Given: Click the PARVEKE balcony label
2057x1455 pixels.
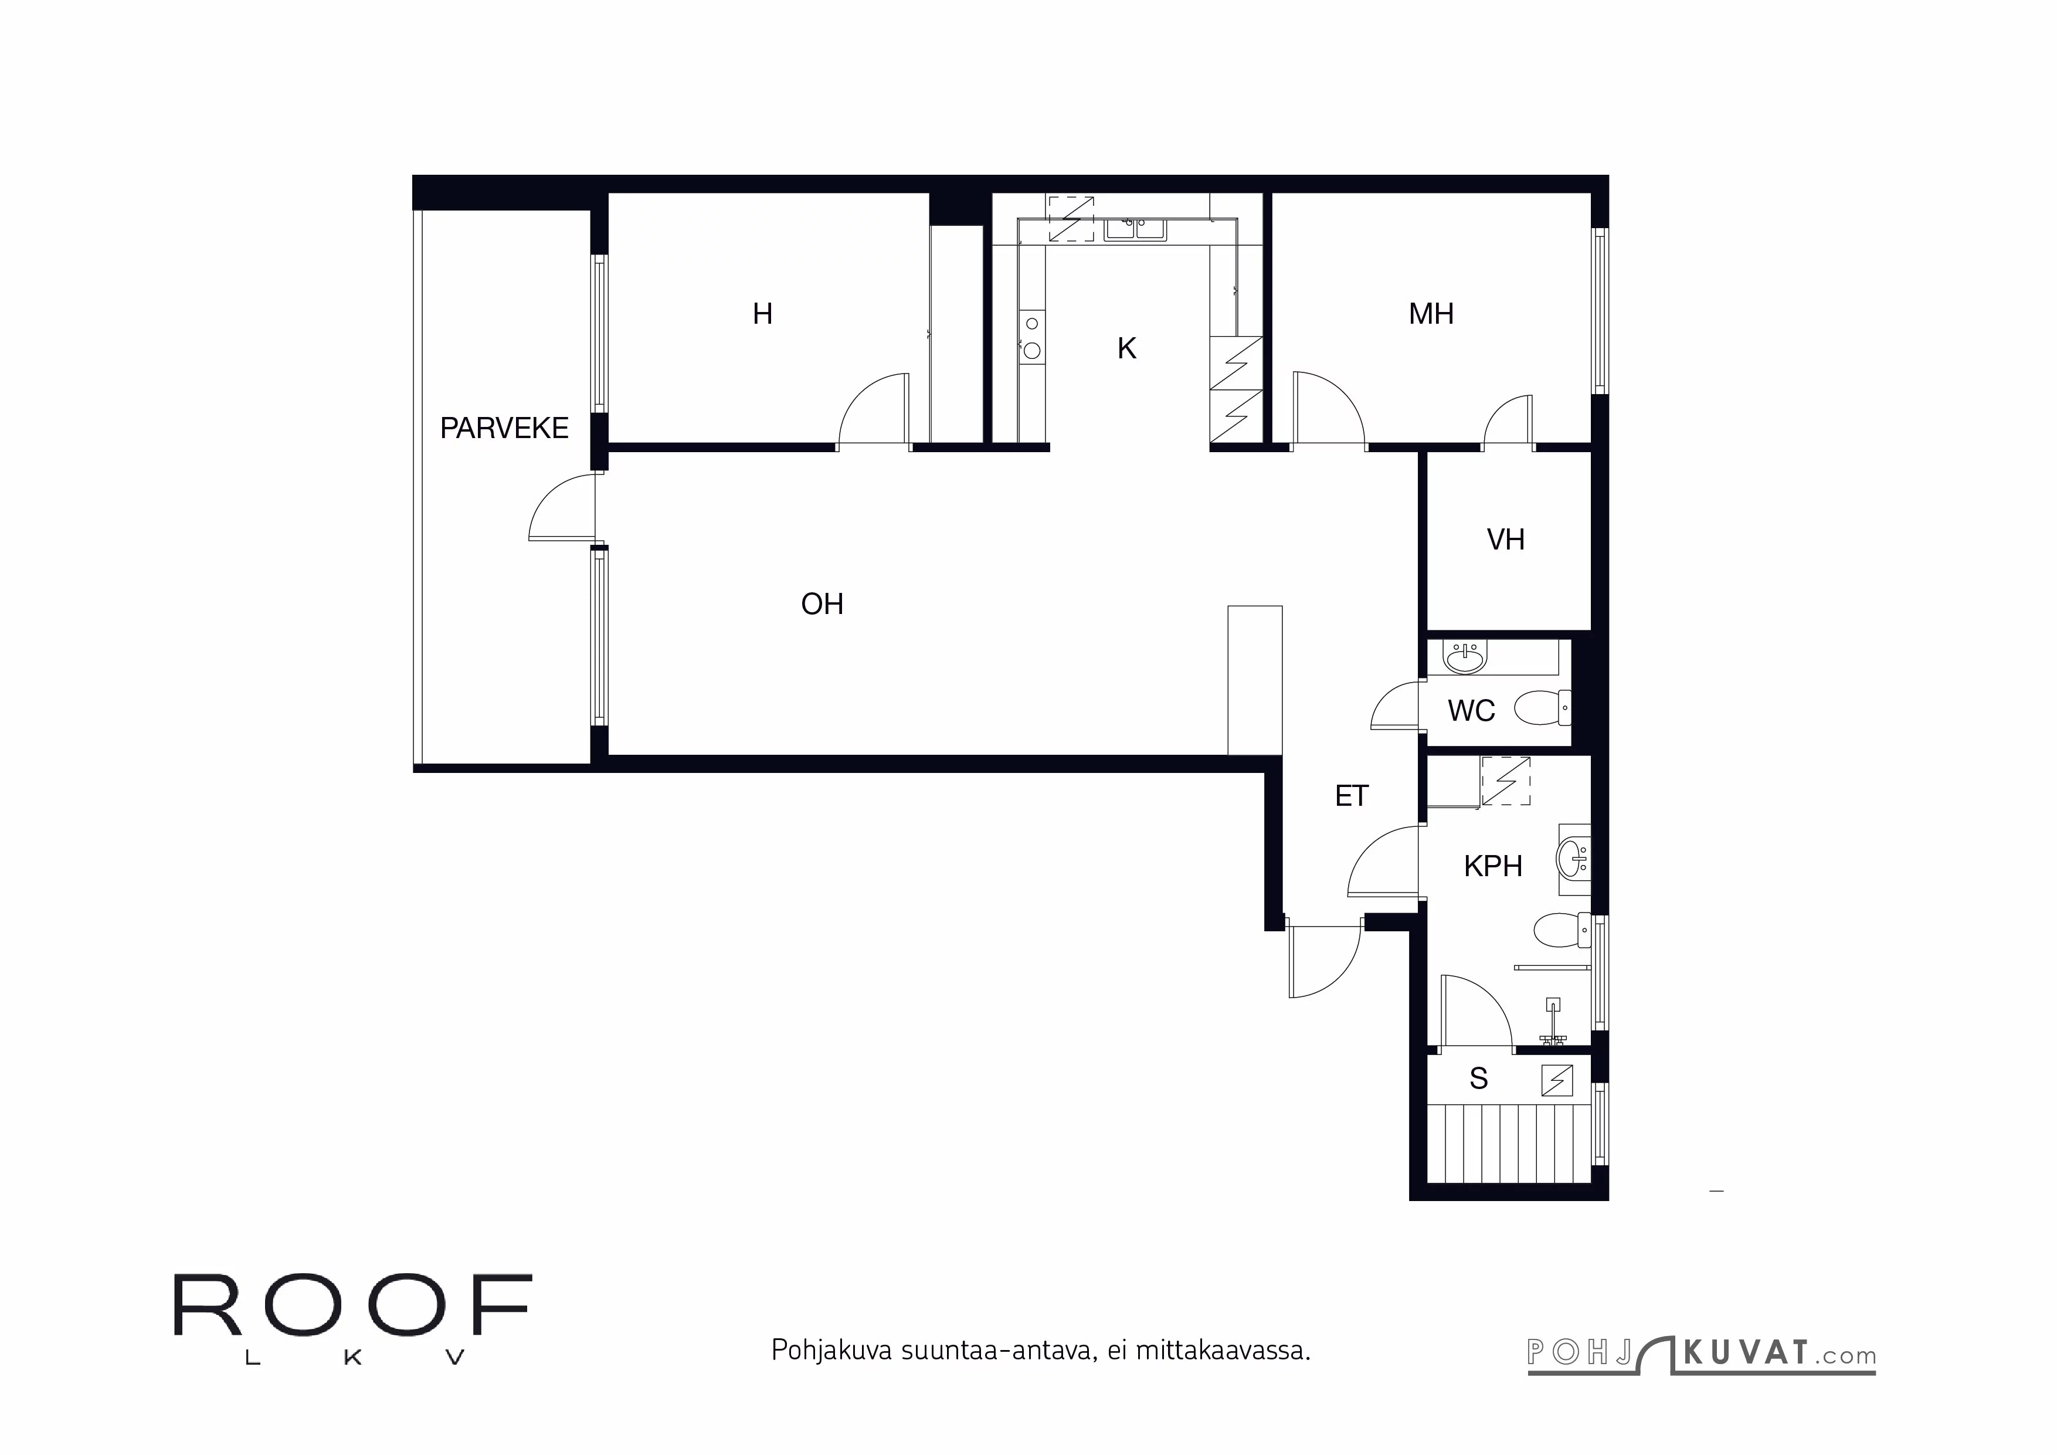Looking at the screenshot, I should [504, 428].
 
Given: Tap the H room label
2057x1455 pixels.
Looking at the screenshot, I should [762, 314].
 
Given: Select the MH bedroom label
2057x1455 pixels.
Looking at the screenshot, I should [1431, 314].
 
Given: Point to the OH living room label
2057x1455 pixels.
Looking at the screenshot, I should [822, 604].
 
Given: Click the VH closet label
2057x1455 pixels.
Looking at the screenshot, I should [1505, 540].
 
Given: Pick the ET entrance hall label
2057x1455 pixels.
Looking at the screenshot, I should [1351, 796].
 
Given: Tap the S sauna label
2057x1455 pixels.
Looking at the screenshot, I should [1478, 1078].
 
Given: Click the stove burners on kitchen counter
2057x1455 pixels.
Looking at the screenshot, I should [1032, 337].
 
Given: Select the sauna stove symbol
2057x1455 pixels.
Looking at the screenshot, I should [1556, 1080].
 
